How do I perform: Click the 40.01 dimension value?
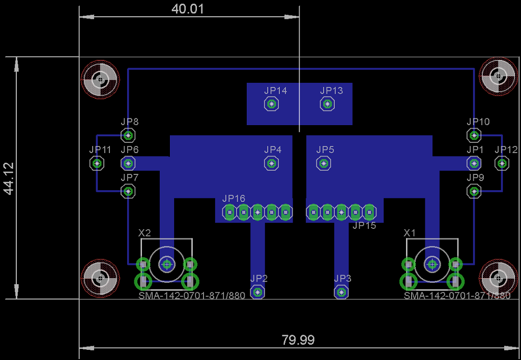187,9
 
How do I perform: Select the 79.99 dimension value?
298,340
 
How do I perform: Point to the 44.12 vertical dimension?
9,178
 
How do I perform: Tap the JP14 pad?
272,104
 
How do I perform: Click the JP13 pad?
327,104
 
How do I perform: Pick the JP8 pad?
128,135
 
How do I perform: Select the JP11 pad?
97,163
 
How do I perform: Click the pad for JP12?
502,163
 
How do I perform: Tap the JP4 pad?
272,163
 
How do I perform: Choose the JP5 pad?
323,163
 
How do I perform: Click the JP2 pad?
257,292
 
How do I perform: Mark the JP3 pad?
341,292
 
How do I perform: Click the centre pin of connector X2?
166,265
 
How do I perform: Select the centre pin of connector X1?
432,265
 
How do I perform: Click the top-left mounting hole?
100,79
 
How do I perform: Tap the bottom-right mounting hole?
498,279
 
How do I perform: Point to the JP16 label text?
234,199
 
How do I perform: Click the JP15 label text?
364,225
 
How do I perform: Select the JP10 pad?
474,135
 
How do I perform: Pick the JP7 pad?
128,191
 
